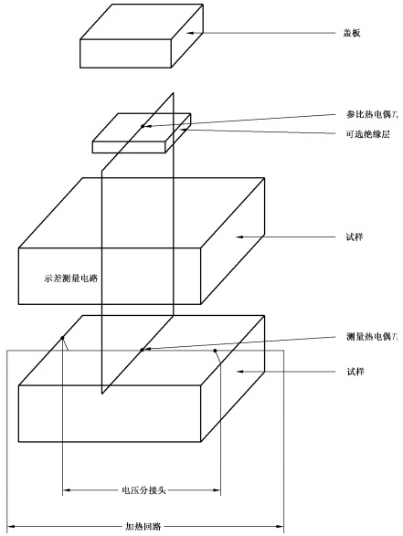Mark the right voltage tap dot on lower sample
click(x=216, y=349)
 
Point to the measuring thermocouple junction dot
click(x=141, y=349)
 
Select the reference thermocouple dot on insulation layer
click(x=142, y=125)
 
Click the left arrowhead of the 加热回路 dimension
click(x=11, y=526)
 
